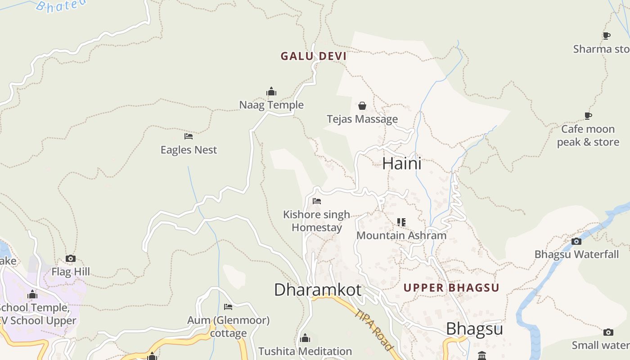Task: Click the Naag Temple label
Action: pos(271,105)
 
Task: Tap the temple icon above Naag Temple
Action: pos(271,92)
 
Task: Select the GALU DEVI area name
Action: pos(314,56)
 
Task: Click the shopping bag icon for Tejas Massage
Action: pos(362,106)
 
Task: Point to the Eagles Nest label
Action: pos(189,150)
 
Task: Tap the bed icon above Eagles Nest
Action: pos(189,136)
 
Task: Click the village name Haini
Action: pos(402,163)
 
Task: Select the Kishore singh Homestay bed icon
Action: pos(317,201)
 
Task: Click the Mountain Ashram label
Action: pos(401,235)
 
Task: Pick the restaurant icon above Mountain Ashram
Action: pos(401,222)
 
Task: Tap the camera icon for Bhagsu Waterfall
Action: pos(576,241)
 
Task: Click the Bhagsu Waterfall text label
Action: pos(576,254)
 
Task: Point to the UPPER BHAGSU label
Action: pos(451,288)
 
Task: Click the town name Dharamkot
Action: pos(318,290)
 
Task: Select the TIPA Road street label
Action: pos(373,330)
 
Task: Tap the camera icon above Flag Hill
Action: pos(71,258)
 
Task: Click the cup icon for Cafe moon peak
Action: pos(588,116)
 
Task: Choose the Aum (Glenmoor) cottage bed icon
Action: pos(228,307)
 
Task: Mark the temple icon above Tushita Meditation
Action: pos(305,338)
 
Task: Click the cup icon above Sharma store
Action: pos(607,36)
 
